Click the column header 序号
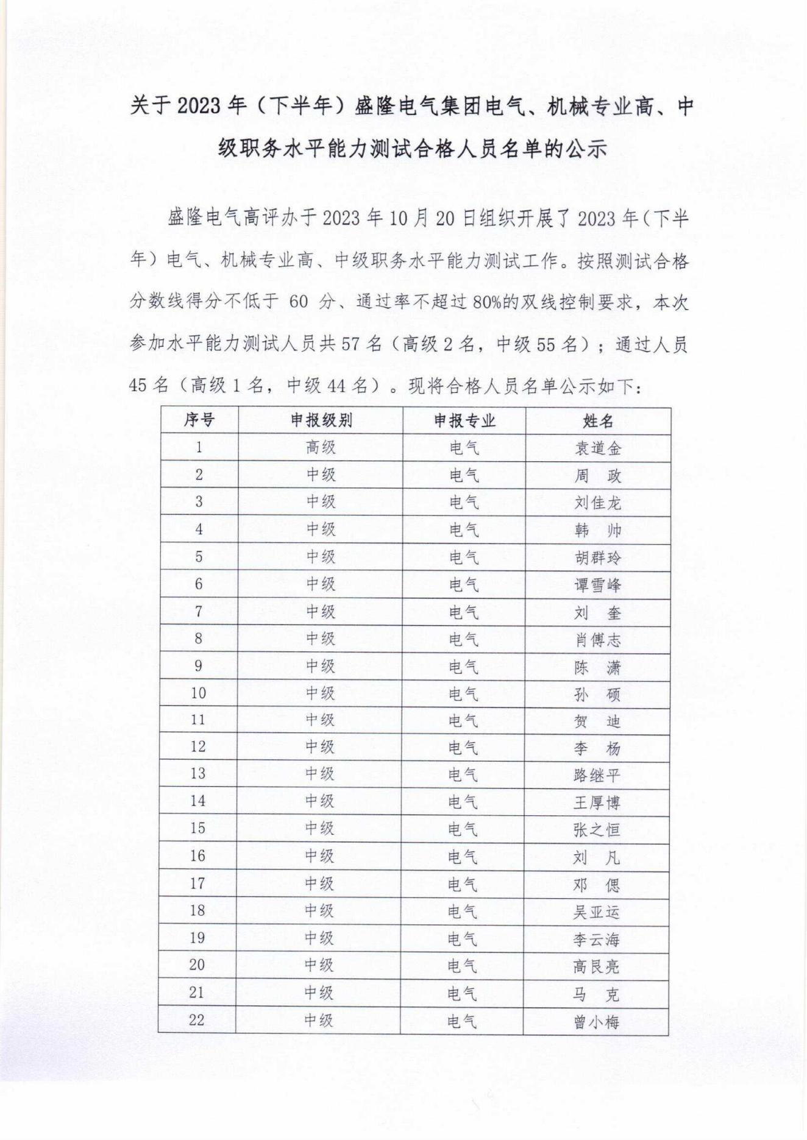[199, 420]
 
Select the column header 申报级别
[321, 420]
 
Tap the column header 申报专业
[464, 420]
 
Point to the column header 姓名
[598, 421]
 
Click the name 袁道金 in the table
[598, 448]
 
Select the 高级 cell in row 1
[321, 448]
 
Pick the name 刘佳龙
[598, 503]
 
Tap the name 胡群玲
[597, 558]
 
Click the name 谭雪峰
[597, 585]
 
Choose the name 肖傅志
[597, 640]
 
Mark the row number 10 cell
[198, 693]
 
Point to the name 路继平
[597, 775]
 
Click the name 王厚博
[597, 802]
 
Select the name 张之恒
[597, 830]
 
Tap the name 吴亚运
[596, 912]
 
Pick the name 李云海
[596, 940]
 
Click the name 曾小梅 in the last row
[596, 1022]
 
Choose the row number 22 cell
[196, 1021]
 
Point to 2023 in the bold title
[198, 106]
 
